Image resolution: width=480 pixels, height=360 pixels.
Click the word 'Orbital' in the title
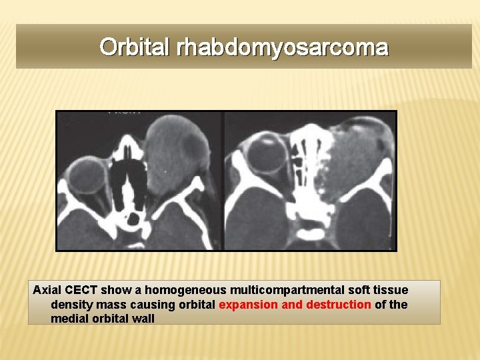click(x=136, y=47)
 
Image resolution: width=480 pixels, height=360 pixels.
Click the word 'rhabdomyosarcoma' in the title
click(x=282, y=47)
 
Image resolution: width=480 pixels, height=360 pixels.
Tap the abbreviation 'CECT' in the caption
click(x=83, y=290)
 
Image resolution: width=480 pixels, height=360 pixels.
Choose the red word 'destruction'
click(x=337, y=305)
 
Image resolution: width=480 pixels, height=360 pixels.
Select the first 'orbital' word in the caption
click(x=195, y=305)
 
